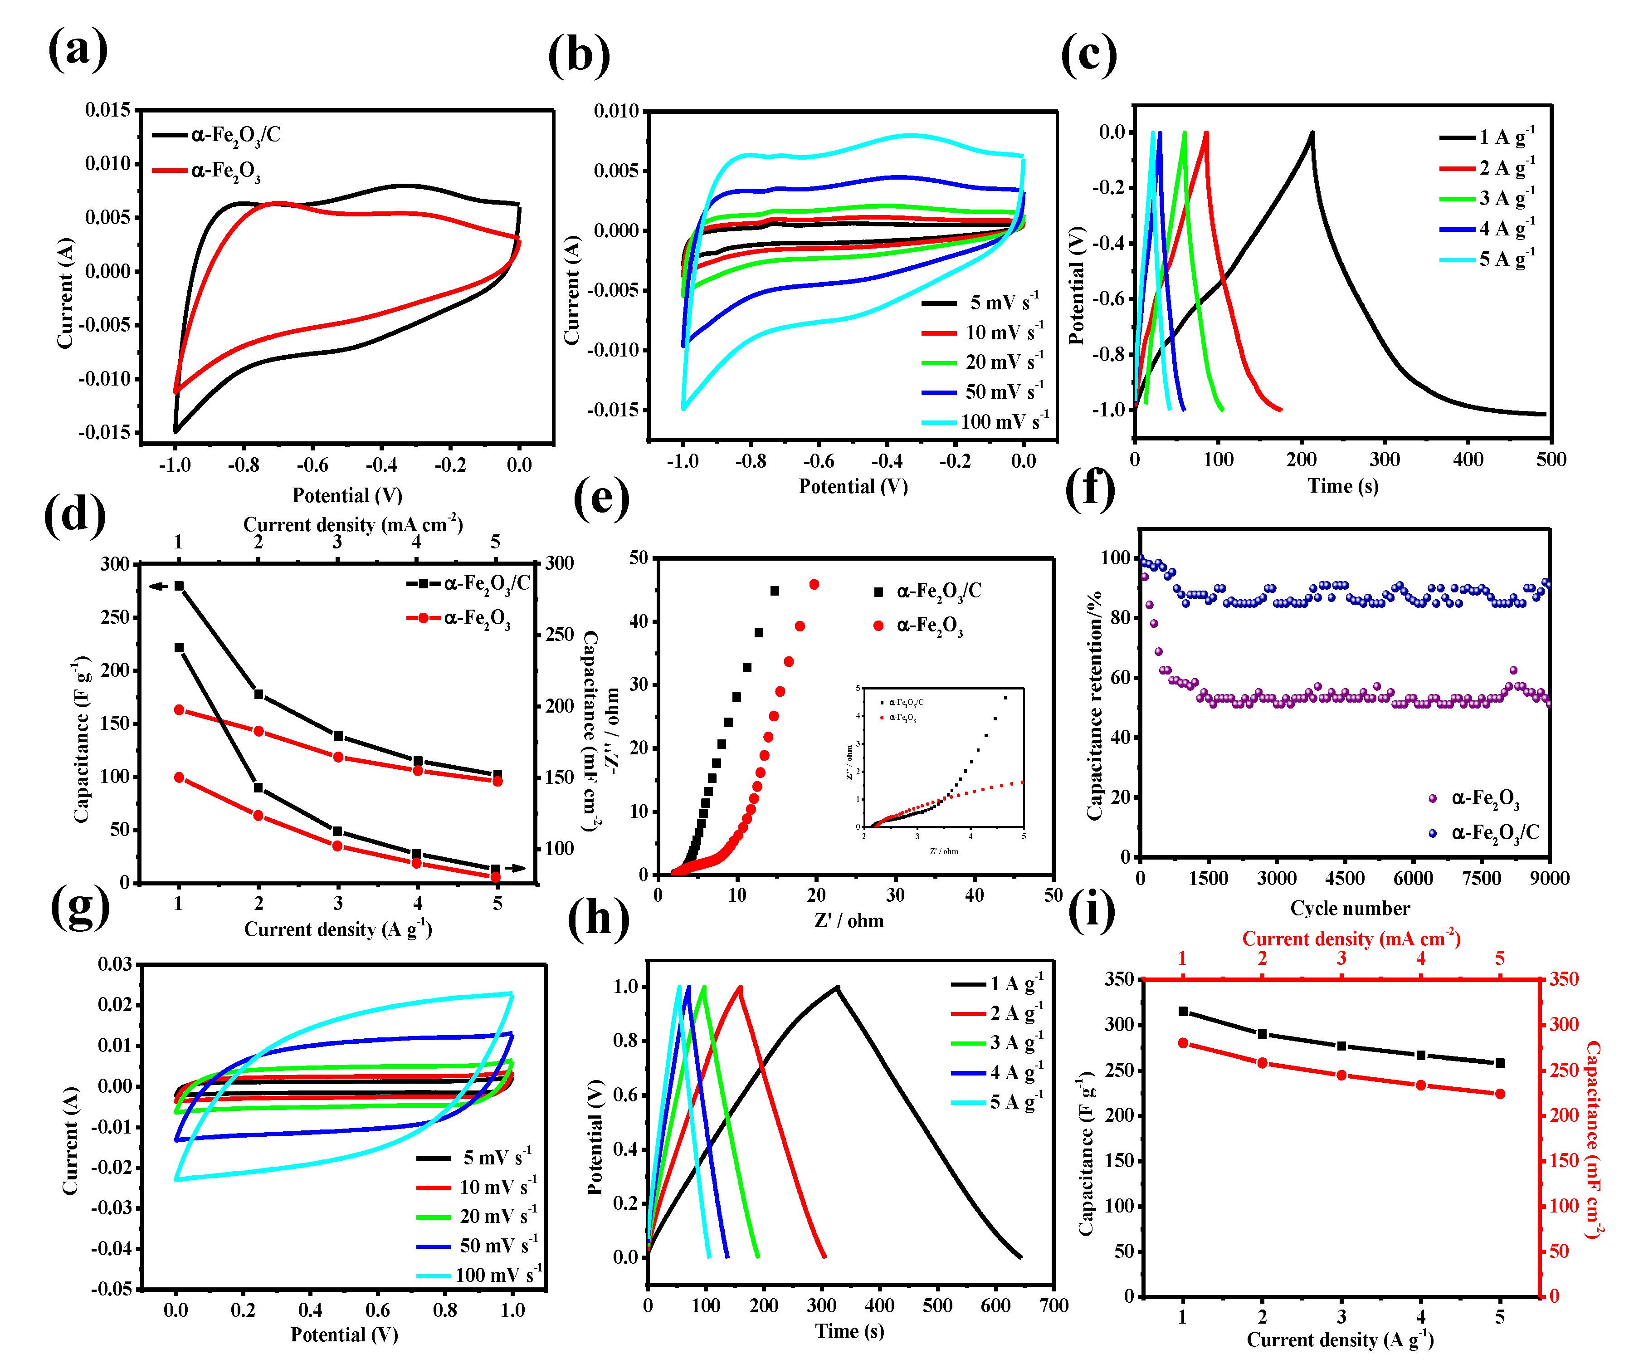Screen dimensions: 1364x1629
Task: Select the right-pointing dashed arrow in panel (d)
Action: pyautogui.click(x=515, y=868)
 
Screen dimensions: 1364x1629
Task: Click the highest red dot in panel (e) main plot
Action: pyautogui.click(x=814, y=584)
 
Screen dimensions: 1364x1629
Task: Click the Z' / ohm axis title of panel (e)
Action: pyautogui.click(x=849, y=921)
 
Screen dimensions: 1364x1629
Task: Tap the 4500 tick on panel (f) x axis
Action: pyautogui.click(x=1344, y=878)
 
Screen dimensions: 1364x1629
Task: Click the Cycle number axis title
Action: pyautogui.click(x=1350, y=909)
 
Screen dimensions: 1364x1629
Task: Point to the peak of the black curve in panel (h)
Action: pyautogui.click(x=837, y=988)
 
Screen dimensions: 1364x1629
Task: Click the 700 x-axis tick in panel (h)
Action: pyautogui.click(x=1053, y=1306)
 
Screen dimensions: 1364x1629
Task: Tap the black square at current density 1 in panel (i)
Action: pyautogui.click(x=1183, y=1012)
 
